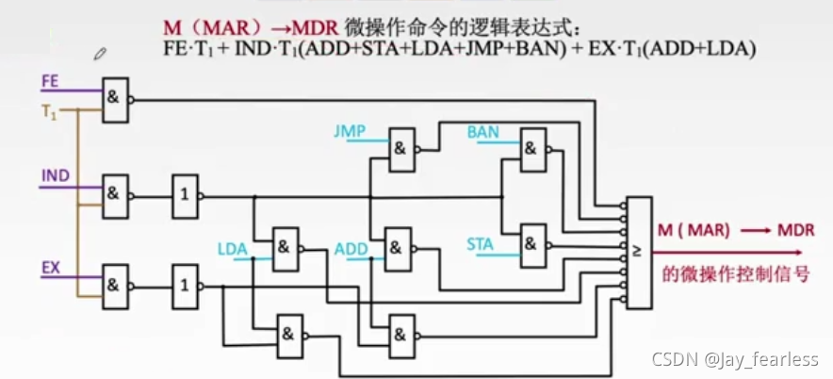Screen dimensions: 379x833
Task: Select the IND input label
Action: pos(55,176)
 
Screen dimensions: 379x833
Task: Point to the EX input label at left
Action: pos(51,268)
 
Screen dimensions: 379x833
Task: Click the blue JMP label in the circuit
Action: pos(350,131)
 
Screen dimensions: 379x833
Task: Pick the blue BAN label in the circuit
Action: pos(482,132)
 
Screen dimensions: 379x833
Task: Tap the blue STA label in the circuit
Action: pos(480,244)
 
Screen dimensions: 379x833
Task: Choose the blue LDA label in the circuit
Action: pos(232,250)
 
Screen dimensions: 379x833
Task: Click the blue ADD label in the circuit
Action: pos(350,250)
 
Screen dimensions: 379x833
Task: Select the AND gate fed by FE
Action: pos(115,99)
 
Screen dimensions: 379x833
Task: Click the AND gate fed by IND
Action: pos(115,195)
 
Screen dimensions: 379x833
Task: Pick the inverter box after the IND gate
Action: pos(184,196)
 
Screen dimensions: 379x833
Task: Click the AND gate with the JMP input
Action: pos(402,148)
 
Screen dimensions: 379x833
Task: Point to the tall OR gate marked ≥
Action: pos(638,252)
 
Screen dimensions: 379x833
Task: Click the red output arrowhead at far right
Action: pos(798,252)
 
